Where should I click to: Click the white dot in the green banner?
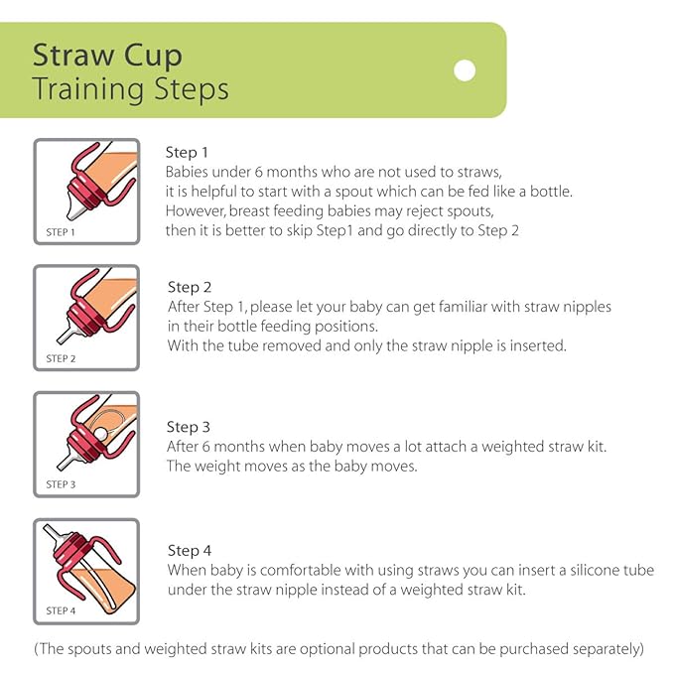(464, 70)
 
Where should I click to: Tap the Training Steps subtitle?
(130, 88)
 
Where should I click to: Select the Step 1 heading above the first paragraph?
(187, 153)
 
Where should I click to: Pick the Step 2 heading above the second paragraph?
(190, 288)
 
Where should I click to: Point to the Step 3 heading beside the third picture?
(189, 428)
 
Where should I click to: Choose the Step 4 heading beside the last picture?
(190, 550)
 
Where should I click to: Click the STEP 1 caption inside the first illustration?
(61, 232)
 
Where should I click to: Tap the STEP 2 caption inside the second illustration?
(61, 358)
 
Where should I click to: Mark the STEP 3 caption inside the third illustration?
(61, 484)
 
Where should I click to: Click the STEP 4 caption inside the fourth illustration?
(61, 610)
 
